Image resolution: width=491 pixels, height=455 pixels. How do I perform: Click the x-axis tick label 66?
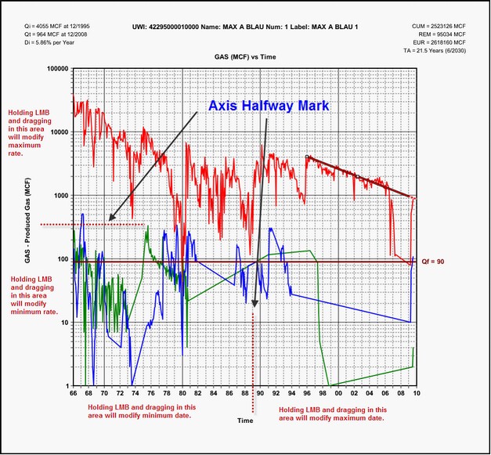click(74, 394)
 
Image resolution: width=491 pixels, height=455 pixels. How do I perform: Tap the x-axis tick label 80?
click(182, 394)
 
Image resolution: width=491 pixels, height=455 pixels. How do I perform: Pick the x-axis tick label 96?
click(307, 394)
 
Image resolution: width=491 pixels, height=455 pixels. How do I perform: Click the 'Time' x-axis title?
click(245, 421)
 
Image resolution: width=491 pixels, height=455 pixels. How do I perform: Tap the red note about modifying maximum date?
click(332, 414)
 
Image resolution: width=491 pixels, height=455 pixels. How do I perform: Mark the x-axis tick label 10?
click(416, 394)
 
